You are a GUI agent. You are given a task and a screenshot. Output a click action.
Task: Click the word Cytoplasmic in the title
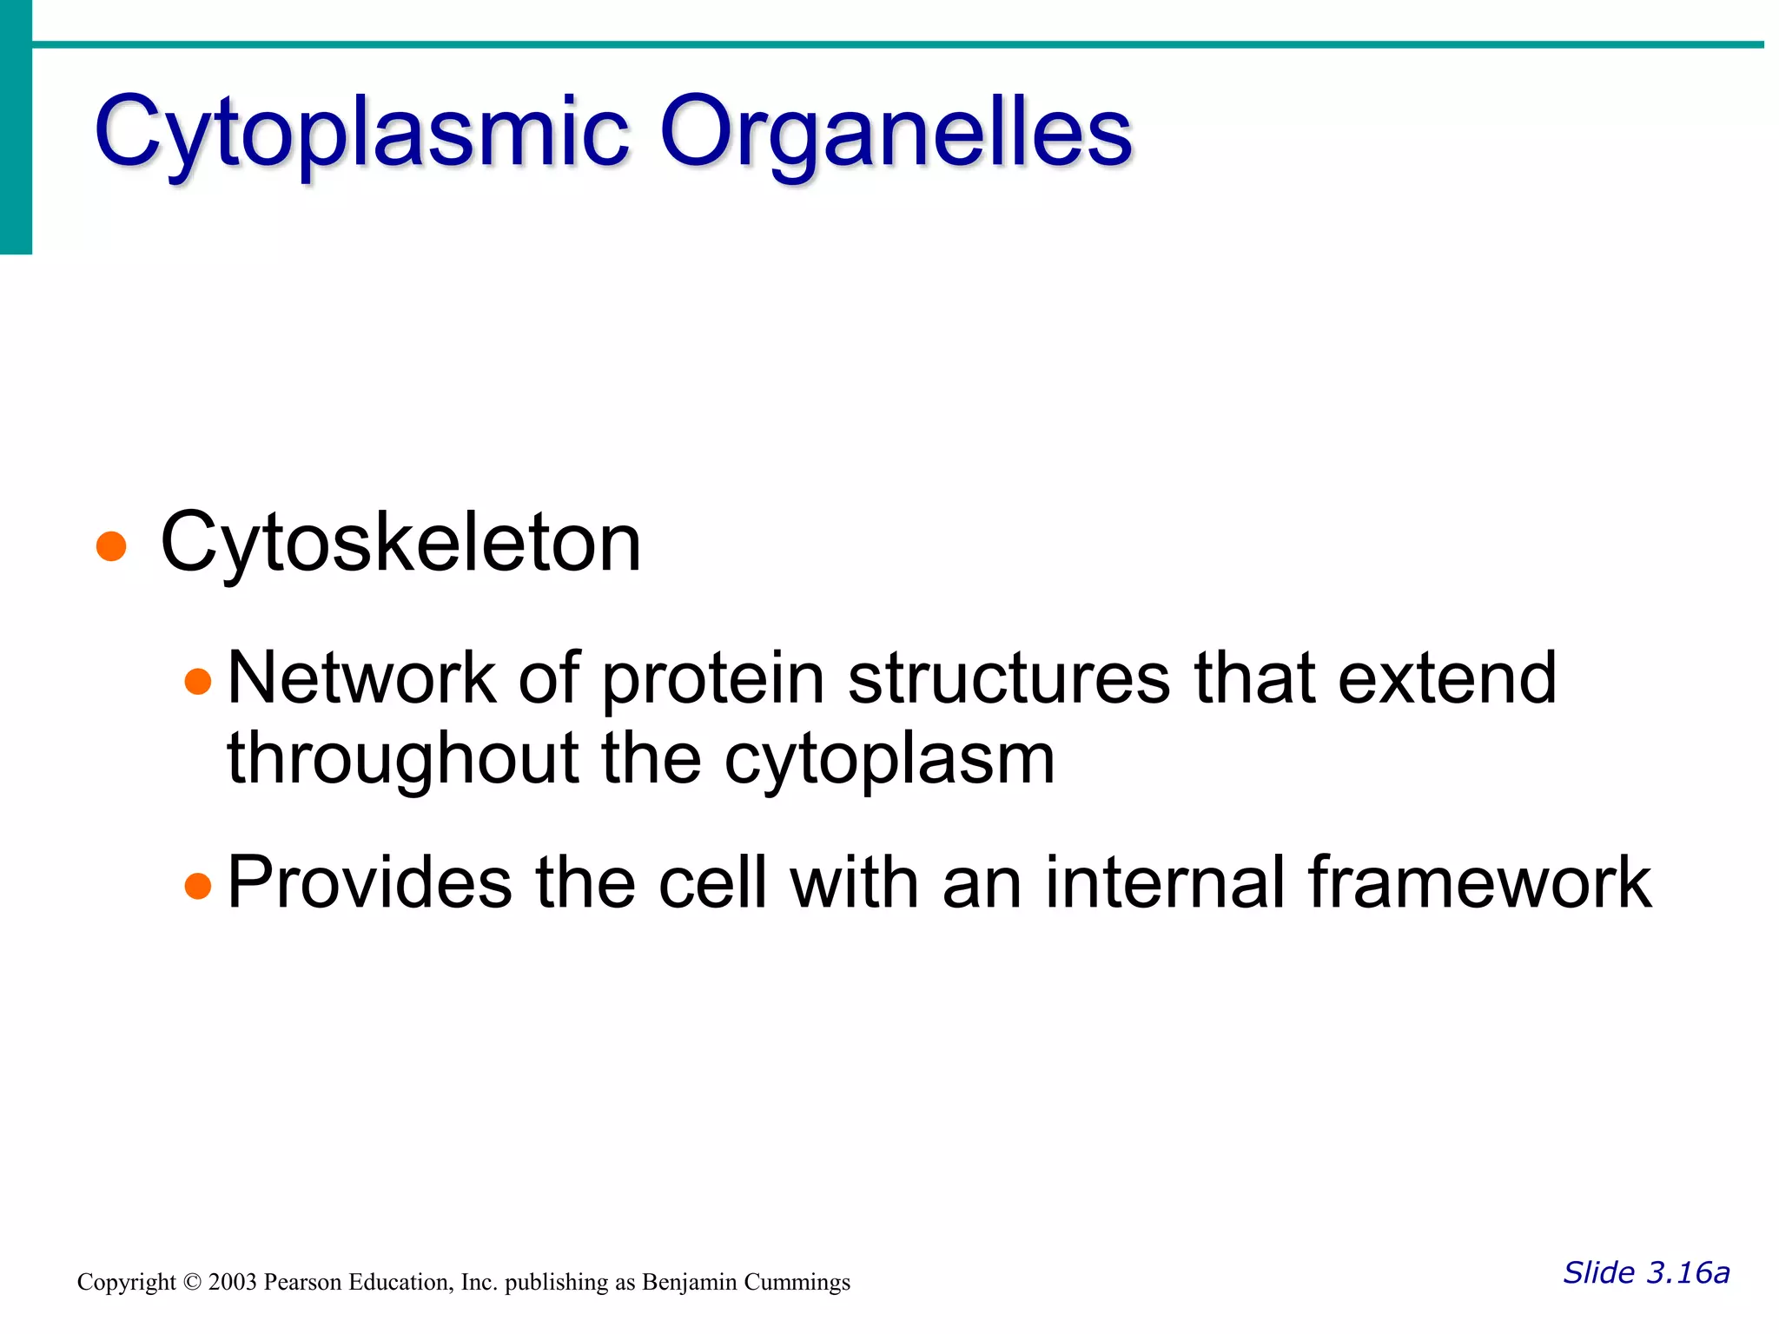pyautogui.click(x=360, y=132)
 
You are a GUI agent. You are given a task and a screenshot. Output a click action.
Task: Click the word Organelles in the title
pyautogui.click(x=896, y=132)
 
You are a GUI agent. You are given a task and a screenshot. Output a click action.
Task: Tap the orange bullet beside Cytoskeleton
pyautogui.click(x=111, y=546)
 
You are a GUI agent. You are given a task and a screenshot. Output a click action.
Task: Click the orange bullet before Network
pyautogui.click(x=198, y=681)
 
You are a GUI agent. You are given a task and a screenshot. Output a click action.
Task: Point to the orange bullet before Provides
pyautogui.click(x=198, y=886)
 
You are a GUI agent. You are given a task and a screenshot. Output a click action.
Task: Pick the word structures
pyautogui.click(x=1009, y=679)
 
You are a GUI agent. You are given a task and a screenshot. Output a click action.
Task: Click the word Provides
pyautogui.click(x=369, y=882)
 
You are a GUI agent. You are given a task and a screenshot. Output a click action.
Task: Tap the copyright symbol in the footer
pyautogui.click(x=192, y=1283)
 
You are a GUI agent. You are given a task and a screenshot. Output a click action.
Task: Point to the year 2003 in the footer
pyautogui.click(x=232, y=1283)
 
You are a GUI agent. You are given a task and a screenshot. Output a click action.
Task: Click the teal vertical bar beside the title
pyautogui.click(x=16, y=127)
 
